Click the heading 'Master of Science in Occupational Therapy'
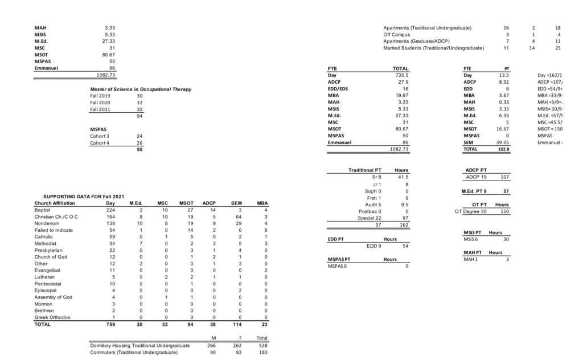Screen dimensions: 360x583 pos(141,89)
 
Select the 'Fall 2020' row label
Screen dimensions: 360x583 pos(100,103)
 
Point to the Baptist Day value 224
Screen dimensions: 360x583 pos(110,210)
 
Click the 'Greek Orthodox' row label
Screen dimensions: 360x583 pos(52,317)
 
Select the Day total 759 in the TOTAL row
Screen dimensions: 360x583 pos(110,324)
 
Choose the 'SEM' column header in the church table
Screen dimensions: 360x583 pos(236,203)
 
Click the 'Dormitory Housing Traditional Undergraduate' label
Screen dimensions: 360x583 pos(140,346)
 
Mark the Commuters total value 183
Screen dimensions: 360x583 pos(262,353)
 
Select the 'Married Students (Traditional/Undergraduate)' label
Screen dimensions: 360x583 pos(433,48)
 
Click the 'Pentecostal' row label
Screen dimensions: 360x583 pos(47,284)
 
